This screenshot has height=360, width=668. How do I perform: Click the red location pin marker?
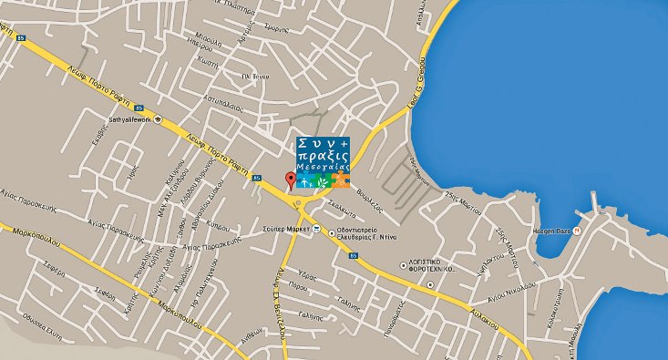(291, 180)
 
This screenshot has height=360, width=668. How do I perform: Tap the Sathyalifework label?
(129, 118)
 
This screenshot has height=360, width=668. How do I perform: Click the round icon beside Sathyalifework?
(158, 118)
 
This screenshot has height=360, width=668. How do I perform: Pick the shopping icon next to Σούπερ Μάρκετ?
(316, 229)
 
